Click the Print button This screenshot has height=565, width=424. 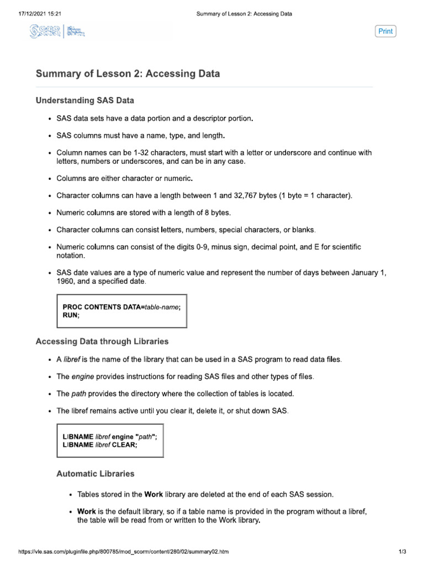tap(385, 31)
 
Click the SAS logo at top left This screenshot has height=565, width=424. tap(58, 33)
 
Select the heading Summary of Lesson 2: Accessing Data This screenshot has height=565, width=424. tap(128, 74)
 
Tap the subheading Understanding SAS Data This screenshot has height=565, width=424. tap(84, 100)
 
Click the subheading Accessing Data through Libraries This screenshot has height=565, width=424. tap(102, 342)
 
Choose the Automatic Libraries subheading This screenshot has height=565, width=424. tap(95, 473)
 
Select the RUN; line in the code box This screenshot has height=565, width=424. tap(71, 315)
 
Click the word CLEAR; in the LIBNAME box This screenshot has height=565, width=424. tap(125, 446)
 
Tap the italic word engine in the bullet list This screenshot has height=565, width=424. tap(82, 377)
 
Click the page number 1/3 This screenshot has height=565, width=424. tap(401, 552)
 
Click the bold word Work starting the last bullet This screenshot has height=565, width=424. tap(87, 511)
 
